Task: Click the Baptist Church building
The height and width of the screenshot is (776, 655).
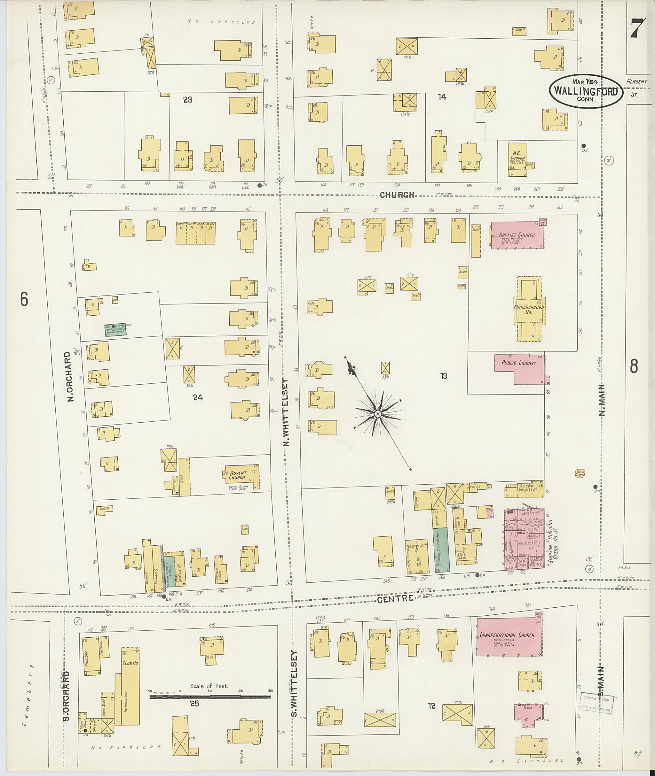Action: point(517,235)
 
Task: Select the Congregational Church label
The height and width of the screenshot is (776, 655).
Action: point(507,635)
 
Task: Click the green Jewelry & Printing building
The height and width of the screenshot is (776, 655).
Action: point(115,329)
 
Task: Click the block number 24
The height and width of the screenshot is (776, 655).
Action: point(198,397)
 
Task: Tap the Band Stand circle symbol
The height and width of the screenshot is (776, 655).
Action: point(580,473)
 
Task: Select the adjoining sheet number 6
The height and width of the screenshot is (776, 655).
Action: point(24,300)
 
